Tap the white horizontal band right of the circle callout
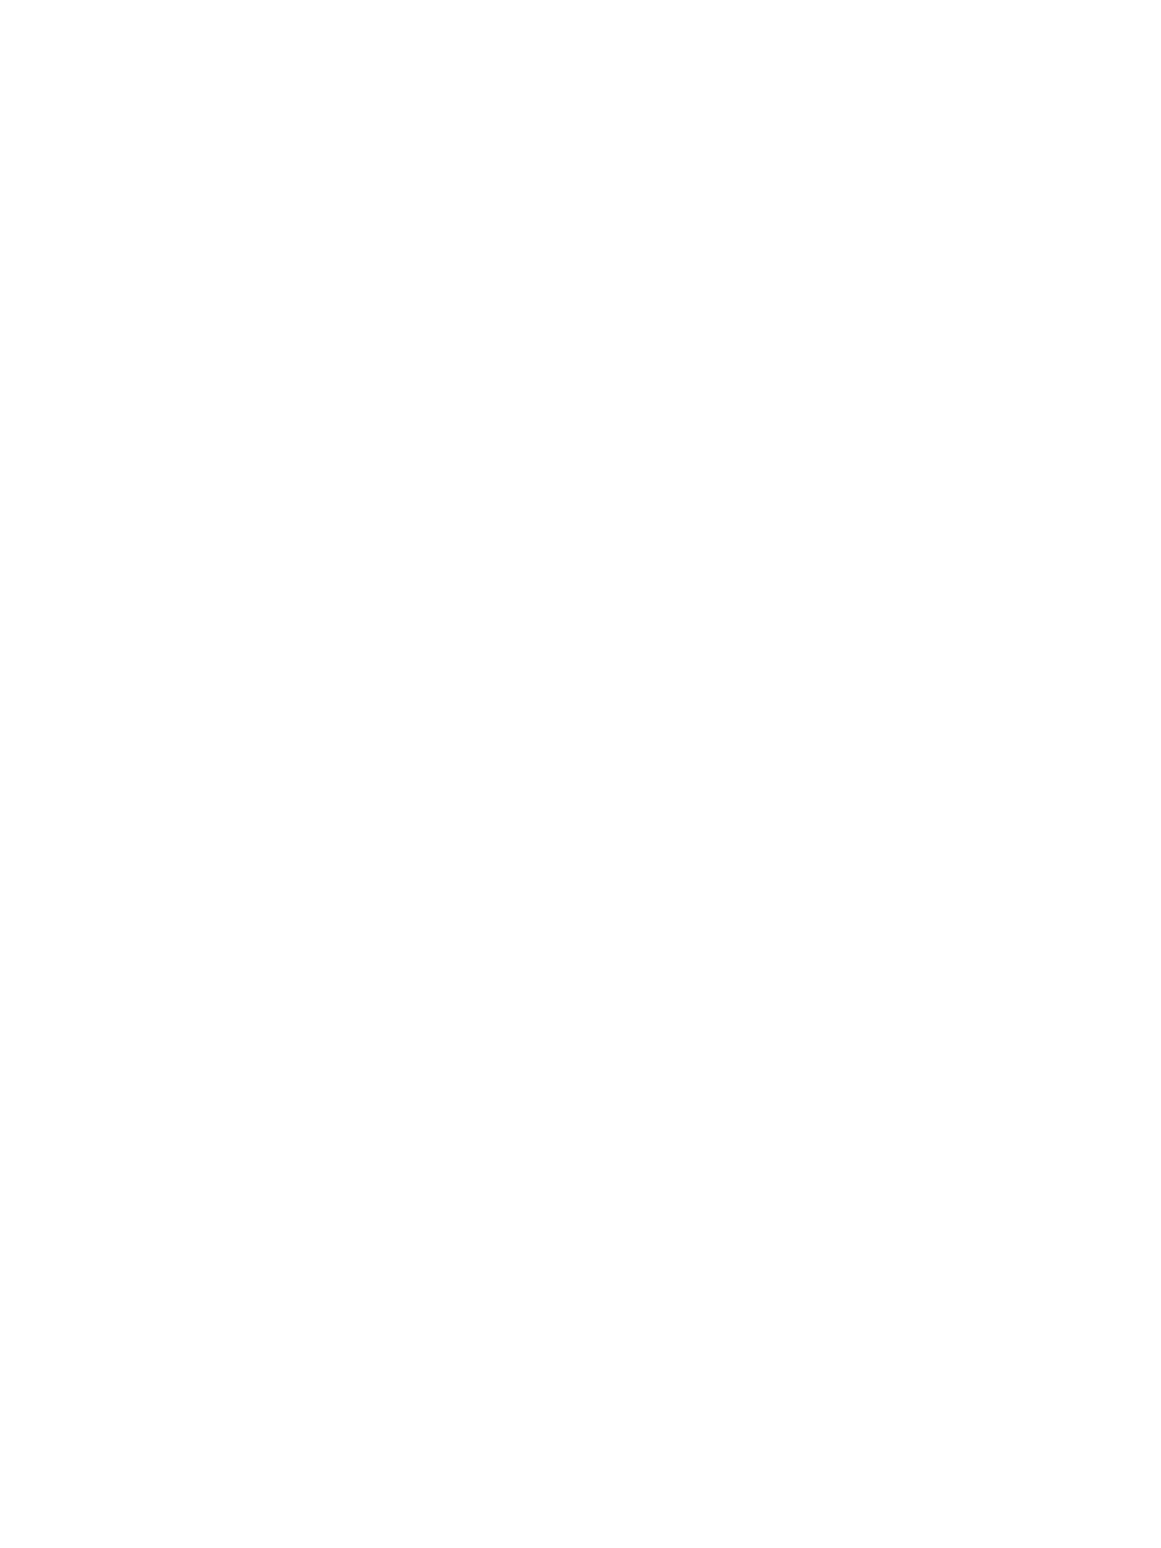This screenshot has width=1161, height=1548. [x=1060, y=947]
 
